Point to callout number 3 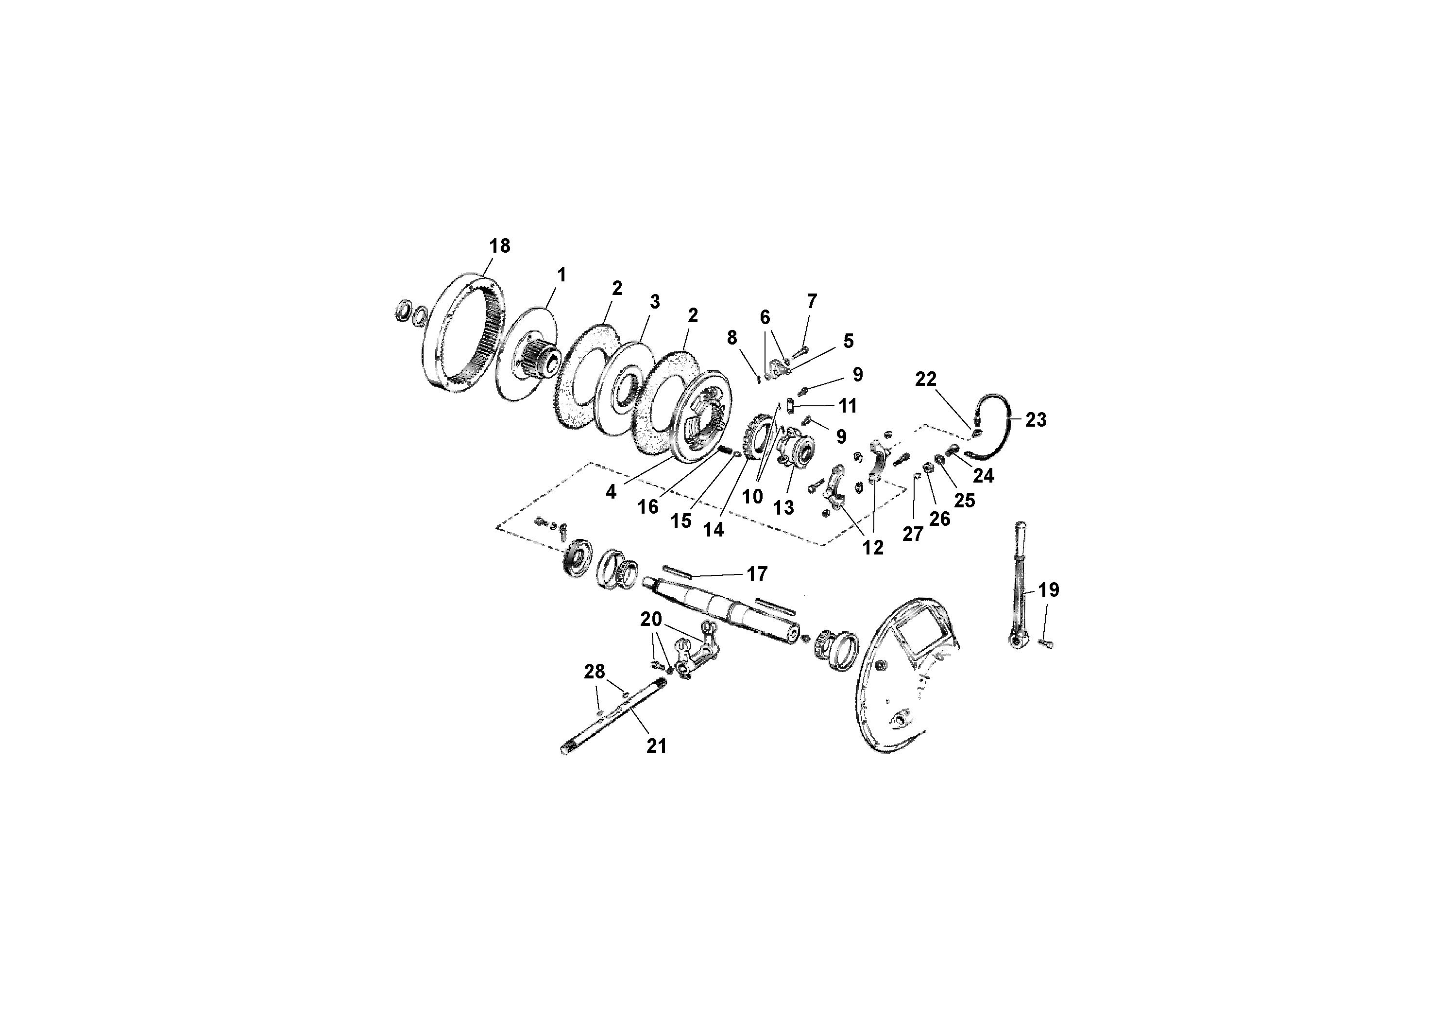(x=655, y=302)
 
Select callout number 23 (x=1036, y=420)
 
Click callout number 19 (x=1049, y=590)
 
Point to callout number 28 (x=594, y=672)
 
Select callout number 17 (x=757, y=573)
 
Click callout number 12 (x=873, y=548)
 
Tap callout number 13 (x=783, y=508)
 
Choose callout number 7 (x=812, y=302)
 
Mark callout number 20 (x=651, y=620)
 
